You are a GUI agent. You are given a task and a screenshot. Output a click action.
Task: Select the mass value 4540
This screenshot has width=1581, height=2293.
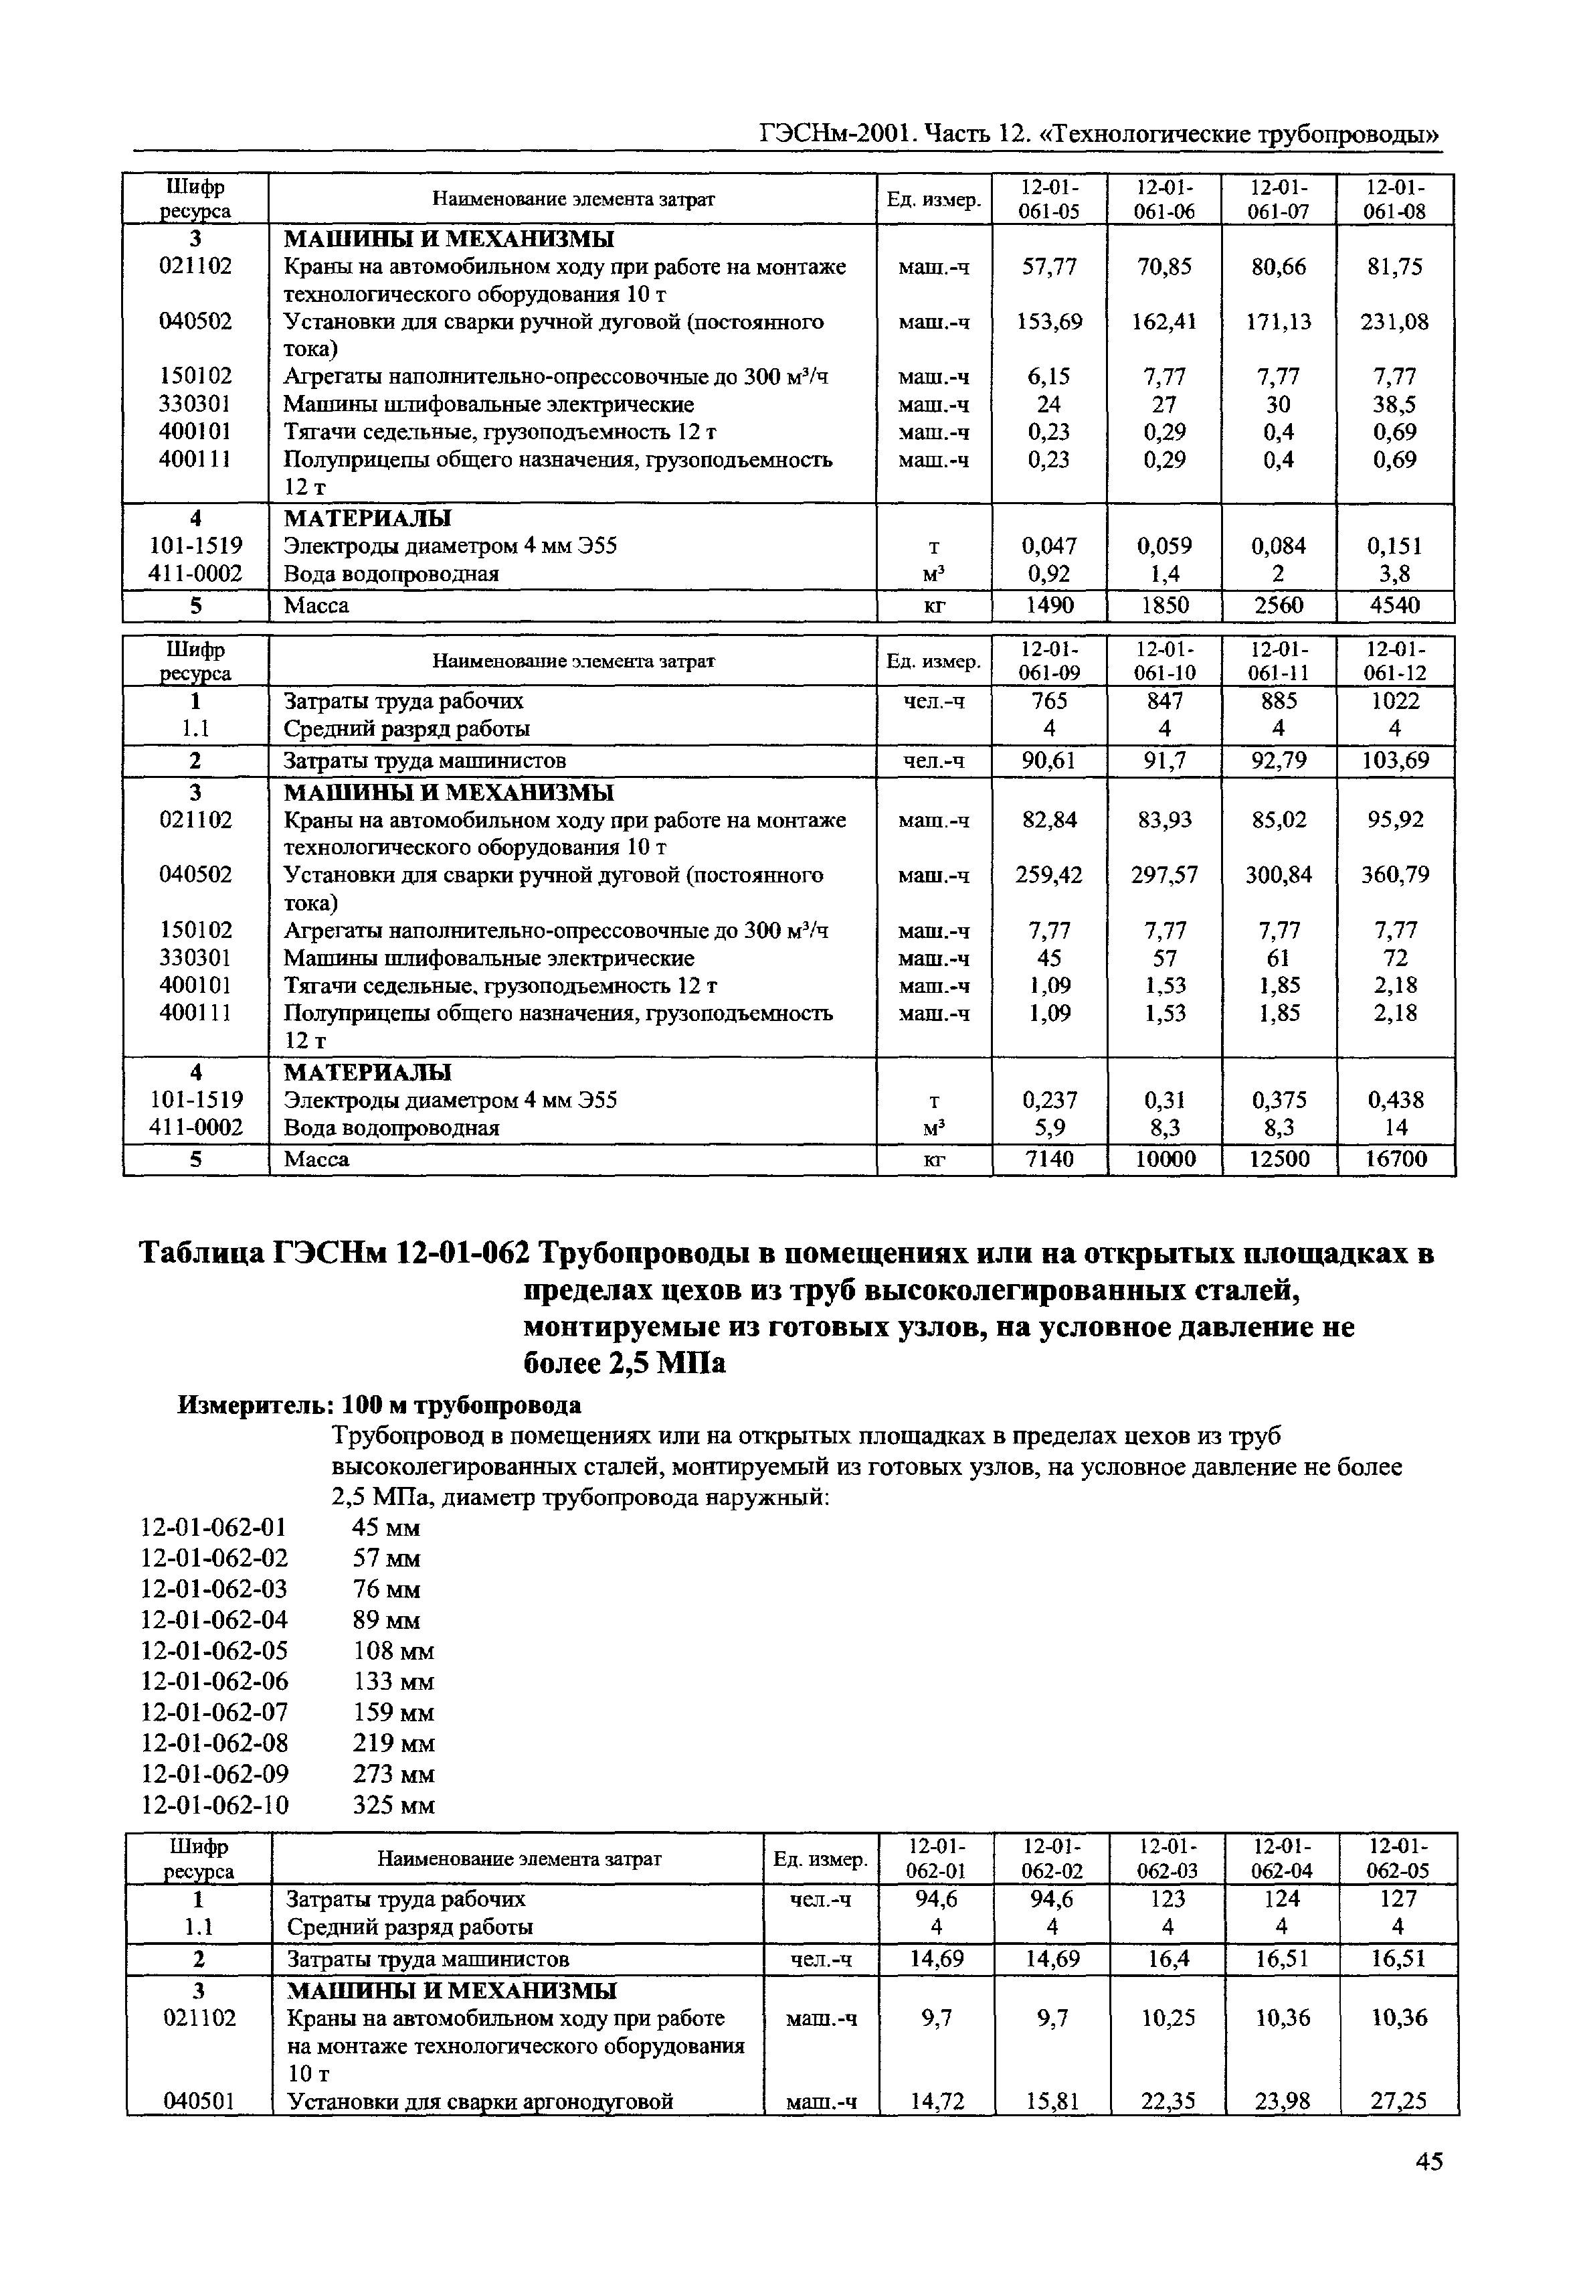pos(1395,605)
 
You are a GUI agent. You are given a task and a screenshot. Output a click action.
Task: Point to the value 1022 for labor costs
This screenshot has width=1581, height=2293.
pos(1395,702)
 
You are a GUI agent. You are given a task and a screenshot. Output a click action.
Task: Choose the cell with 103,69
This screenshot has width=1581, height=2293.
pos(1395,761)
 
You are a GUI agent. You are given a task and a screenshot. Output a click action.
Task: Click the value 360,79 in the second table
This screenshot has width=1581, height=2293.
pos(1395,875)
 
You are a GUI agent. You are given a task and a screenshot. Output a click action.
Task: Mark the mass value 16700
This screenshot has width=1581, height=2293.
pos(1395,1160)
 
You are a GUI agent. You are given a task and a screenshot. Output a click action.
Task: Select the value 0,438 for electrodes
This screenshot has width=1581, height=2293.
pos(1395,1100)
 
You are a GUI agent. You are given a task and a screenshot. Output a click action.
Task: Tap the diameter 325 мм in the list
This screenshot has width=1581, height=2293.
pos(393,1804)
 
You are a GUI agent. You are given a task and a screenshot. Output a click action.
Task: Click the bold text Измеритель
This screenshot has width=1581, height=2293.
pos(256,1405)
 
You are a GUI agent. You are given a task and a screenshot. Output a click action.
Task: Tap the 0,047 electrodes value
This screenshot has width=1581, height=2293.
pos(1049,546)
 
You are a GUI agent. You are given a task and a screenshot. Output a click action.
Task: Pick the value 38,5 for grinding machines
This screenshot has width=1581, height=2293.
pos(1395,404)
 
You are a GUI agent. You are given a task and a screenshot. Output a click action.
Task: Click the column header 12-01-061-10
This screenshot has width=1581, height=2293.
pos(1164,661)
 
